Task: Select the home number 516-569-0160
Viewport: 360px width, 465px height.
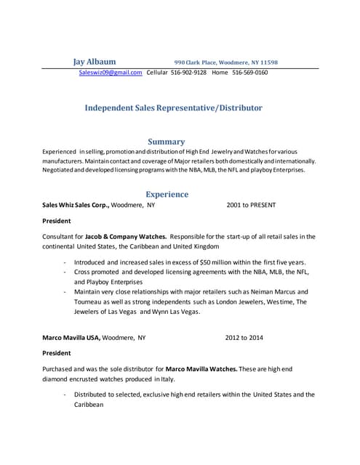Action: [250, 73]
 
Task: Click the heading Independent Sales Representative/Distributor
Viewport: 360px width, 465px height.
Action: [174, 108]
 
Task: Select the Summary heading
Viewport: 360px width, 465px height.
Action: [167, 141]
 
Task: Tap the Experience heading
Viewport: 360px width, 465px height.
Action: [167, 194]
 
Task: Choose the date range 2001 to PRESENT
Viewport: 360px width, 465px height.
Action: [251, 206]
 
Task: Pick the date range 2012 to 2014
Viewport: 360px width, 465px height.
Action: [244, 338]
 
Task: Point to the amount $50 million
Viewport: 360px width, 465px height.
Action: [196, 262]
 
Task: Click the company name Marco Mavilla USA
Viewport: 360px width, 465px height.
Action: [71, 338]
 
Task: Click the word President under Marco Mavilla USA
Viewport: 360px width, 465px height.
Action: [57, 353]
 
